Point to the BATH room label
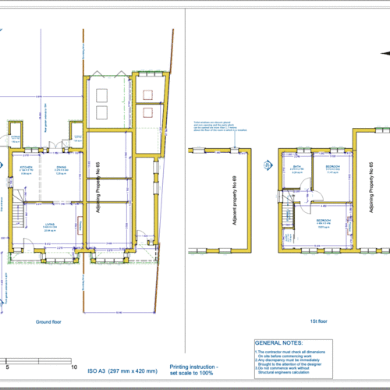click(297, 168)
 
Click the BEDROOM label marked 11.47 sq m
click(331, 168)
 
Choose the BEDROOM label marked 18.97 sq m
click(324, 222)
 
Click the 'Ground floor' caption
click(48, 321)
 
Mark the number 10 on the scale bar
click(73, 366)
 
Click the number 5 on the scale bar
click(8, 366)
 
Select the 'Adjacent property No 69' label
click(235, 199)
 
